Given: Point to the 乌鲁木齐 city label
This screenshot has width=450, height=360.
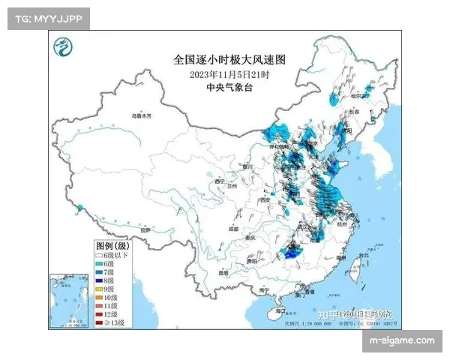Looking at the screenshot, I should [142, 116].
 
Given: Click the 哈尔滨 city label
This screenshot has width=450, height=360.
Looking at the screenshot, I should [361, 96].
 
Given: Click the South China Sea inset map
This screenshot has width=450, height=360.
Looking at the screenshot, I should [69, 300].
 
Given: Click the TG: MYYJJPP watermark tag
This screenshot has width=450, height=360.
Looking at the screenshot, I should [47, 18].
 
